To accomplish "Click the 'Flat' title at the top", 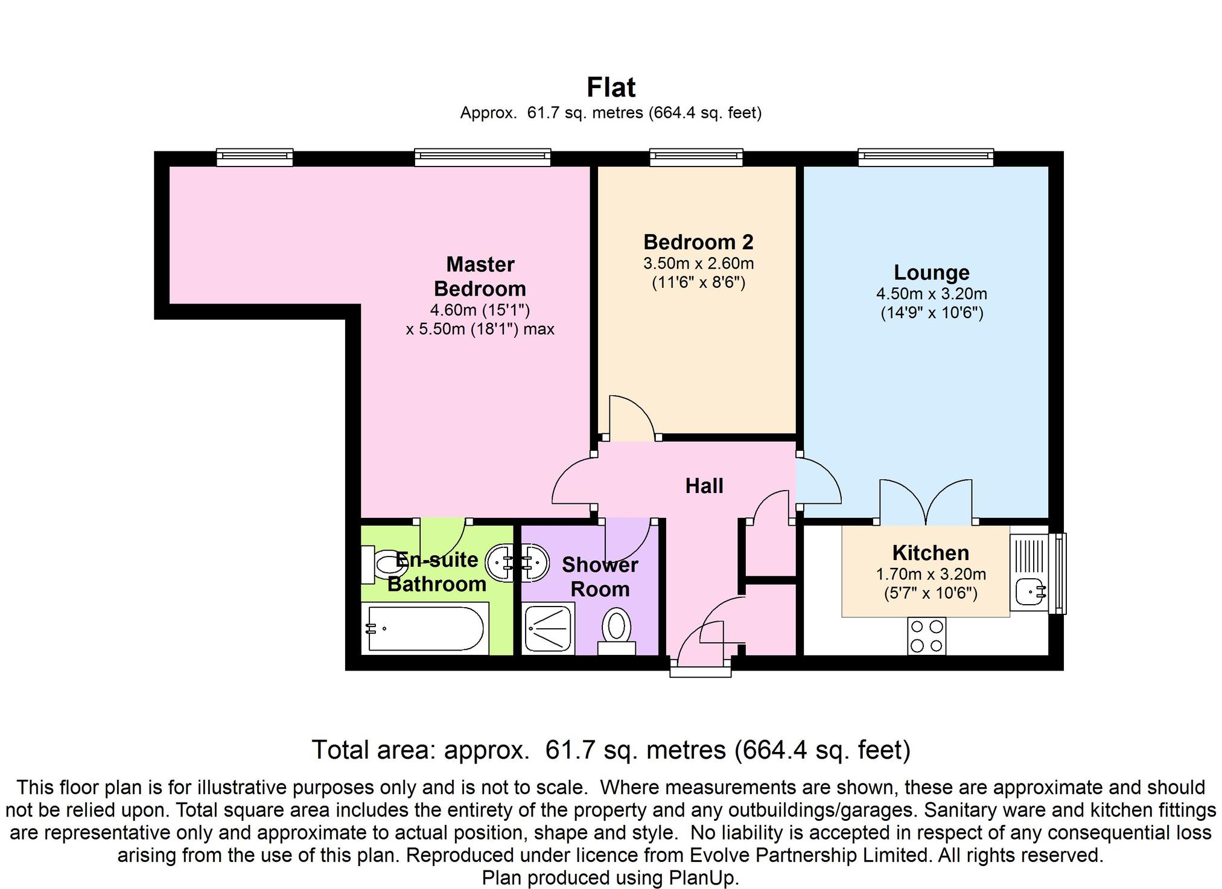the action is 611,88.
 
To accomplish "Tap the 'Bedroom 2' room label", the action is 698,242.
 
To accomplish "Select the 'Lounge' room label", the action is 931,272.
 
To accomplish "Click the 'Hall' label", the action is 704,486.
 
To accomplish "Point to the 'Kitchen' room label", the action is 931,552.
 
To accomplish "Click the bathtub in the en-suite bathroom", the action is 425,629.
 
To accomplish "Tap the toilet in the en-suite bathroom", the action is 386,566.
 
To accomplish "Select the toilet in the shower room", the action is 616,628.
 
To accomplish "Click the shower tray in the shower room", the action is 548,629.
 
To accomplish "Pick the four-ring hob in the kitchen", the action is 927,636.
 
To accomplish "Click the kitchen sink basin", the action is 1029,591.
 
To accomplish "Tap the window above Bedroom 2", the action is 696,158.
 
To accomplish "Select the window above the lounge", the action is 926,158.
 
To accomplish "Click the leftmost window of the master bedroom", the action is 255,158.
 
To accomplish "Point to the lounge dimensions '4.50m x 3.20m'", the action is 931,294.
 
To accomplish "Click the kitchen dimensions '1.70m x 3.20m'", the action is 931,574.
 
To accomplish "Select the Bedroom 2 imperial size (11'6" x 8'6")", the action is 698,282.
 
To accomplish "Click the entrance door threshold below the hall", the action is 701,670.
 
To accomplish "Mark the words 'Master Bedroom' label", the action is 480,276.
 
